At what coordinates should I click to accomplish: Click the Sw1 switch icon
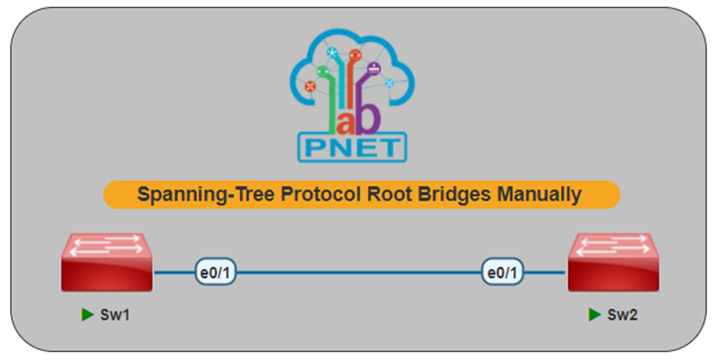[107, 263]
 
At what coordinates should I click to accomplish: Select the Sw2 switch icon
[613, 263]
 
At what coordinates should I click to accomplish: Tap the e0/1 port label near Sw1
[215, 272]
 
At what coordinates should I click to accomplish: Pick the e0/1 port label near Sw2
[502, 272]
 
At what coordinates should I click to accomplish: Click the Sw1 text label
[115, 314]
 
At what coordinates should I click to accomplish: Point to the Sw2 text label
[622, 314]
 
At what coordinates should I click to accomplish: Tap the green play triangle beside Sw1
[87, 314]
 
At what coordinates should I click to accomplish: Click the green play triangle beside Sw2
[594, 314]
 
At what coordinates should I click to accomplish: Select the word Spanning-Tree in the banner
[205, 194]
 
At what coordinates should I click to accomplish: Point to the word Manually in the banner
[539, 194]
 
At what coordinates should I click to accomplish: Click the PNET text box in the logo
[352, 148]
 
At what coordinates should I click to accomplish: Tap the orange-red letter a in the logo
[346, 122]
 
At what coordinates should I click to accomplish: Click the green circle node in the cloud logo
[323, 71]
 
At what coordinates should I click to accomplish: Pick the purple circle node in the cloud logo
[374, 68]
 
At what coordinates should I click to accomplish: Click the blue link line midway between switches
[359, 273]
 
